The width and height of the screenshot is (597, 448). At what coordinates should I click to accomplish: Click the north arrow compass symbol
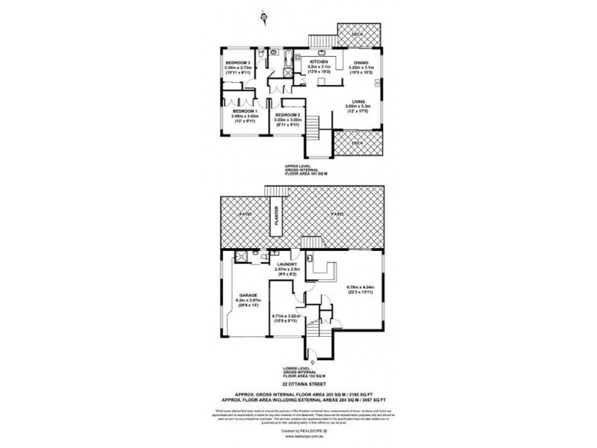(x=263, y=14)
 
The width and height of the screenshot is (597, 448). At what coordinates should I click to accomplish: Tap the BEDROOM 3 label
(x=238, y=62)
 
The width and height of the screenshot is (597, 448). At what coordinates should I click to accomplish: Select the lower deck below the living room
(x=357, y=143)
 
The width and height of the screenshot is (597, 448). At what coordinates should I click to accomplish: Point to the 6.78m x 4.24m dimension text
(x=355, y=287)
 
